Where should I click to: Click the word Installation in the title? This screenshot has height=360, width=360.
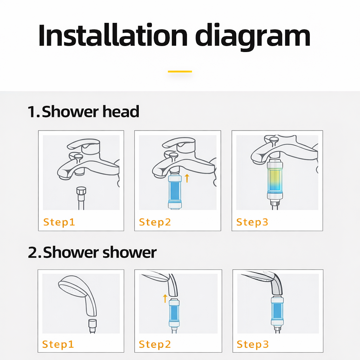coord(113,35)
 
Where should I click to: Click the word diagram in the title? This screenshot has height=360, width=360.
coord(253,37)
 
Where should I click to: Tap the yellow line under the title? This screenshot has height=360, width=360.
coord(180,72)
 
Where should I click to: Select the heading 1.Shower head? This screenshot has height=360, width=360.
coord(83,111)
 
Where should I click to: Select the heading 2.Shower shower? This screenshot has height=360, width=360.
coord(92,252)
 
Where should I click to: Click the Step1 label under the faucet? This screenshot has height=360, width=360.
coord(59,222)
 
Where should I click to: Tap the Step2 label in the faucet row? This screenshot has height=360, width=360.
coord(155,222)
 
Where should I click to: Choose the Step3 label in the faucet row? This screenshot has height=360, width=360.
coord(252,222)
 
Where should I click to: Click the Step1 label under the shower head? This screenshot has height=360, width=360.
coord(58,344)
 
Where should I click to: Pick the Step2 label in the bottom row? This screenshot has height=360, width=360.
coord(155,344)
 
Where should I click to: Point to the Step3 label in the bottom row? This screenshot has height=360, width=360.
coord(252,344)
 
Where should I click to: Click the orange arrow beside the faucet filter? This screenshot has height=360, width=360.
coord(187,178)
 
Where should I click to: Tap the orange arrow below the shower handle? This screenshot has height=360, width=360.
coord(165,298)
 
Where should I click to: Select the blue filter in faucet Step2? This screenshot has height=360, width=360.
coord(175,192)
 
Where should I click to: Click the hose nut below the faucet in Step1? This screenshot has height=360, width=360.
coord(81,191)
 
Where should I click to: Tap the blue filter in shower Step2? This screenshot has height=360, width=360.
coord(174,313)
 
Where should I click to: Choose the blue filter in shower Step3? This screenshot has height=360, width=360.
coord(277,311)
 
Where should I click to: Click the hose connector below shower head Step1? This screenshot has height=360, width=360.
coord(92,324)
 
